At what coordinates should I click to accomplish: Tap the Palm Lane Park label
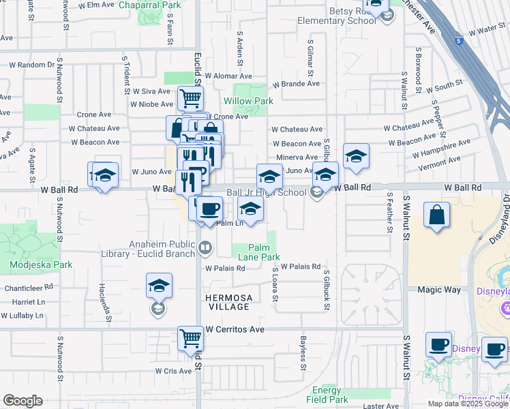coord(259,252)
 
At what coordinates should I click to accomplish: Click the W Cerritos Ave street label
coord(235,329)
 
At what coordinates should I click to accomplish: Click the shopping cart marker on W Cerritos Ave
coord(190,338)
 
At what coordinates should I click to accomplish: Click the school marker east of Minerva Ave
coord(356,156)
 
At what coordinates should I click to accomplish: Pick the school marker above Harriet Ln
coord(159,286)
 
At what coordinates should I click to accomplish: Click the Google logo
coord(22,401)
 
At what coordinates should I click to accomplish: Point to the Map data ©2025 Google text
coord(468,404)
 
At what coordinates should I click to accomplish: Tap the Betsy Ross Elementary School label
coord(336,15)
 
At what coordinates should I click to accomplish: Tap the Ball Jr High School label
coord(266,193)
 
